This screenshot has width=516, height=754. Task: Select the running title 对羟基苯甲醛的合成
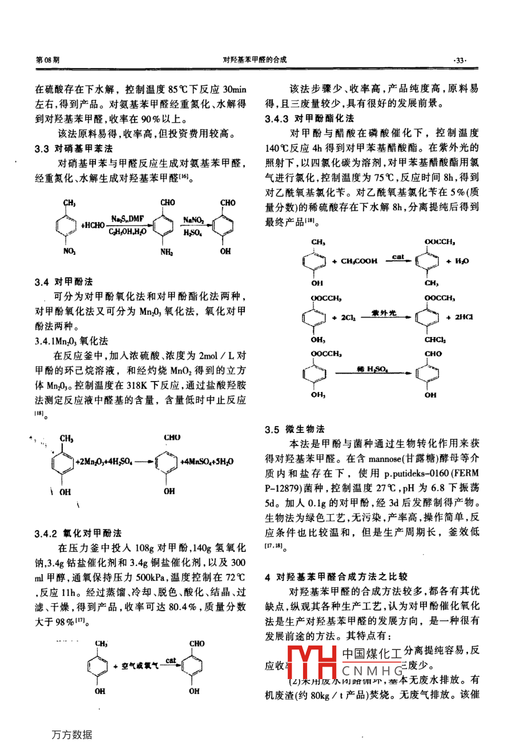(255, 59)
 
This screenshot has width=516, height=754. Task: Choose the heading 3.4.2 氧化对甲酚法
(78, 533)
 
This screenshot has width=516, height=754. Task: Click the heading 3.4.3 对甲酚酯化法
(309, 118)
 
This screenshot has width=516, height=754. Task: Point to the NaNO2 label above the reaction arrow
(193, 219)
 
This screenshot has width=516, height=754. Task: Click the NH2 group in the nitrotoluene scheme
(167, 252)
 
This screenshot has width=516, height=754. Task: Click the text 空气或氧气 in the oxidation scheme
(140, 666)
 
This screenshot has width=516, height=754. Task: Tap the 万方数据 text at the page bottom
(71, 735)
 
